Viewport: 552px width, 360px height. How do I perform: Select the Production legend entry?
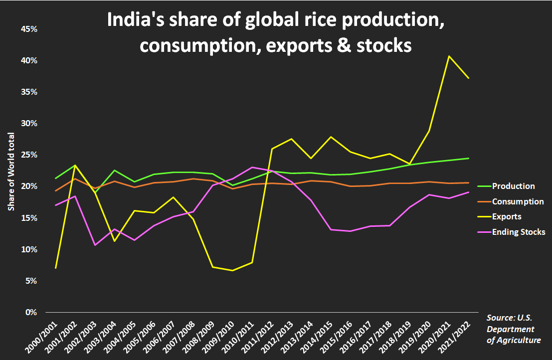click(513, 186)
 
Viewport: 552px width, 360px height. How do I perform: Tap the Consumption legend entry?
click(518, 201)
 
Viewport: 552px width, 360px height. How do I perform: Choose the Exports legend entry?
click(506, 217)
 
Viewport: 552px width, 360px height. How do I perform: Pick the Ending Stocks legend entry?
click(518, 232)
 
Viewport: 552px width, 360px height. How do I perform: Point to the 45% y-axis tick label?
click(29, 29)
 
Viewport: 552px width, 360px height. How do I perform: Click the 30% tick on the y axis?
click(29, 123)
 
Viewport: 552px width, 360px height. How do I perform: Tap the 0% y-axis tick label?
click(31, 313)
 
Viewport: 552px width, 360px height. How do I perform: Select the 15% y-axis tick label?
click(29, 218)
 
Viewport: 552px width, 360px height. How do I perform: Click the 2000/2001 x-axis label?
click(45, 334)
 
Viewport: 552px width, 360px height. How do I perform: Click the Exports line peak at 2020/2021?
click(448, 56)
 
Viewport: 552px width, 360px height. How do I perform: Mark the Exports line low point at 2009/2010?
click(232, 270)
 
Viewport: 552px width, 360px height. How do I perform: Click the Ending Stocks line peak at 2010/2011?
click(252, 167)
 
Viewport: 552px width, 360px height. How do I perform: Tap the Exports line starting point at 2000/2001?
click(55, 268)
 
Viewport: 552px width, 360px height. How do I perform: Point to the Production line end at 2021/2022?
click(468, 158)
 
